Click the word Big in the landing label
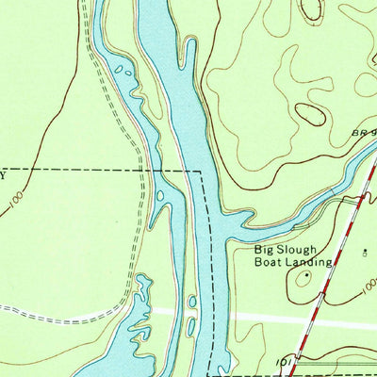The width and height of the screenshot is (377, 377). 265,251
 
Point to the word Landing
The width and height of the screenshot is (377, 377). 312,263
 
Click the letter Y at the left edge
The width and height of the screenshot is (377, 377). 3,174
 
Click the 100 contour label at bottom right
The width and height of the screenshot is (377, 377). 368,292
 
